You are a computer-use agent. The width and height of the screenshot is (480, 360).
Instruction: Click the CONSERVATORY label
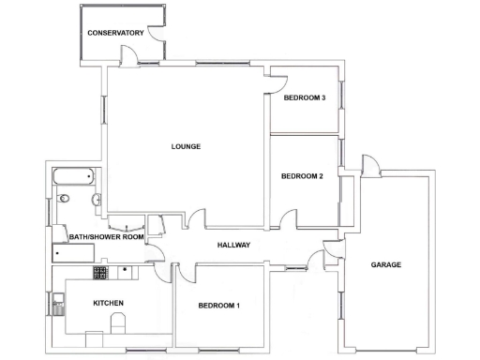click(115, 34)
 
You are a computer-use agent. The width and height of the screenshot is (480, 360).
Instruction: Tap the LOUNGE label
click(186, 146)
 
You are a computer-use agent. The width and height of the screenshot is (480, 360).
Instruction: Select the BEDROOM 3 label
click(304, 97)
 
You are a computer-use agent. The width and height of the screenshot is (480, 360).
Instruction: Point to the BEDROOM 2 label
click(302, 175)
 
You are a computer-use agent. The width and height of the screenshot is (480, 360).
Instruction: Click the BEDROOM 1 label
click(219, 306)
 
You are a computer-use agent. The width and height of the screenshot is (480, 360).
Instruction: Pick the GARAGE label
click(386, 264)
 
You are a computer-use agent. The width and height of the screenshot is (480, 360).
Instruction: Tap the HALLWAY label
click(232, 245)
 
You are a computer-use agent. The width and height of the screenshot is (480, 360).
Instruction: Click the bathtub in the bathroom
click(72, 176)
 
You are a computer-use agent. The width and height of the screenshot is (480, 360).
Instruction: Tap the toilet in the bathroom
click(64, 200)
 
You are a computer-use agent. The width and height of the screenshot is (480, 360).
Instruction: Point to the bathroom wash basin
click(97, 200)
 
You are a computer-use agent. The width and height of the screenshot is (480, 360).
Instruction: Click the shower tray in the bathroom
click(73, 253)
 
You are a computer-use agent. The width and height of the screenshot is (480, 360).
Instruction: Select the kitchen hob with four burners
click(101, 272)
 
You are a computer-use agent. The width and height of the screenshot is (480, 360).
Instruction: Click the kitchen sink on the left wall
click(59, 302)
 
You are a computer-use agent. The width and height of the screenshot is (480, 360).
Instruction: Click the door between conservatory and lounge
click(138, 67)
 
